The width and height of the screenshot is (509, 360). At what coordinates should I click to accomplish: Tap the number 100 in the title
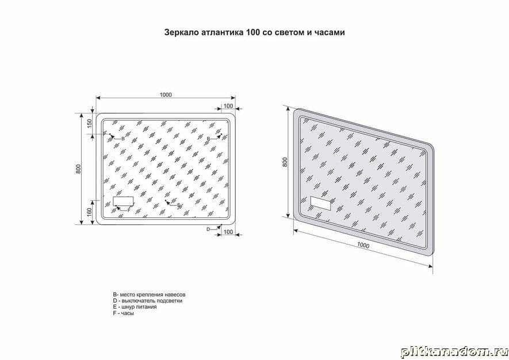click(252, 33)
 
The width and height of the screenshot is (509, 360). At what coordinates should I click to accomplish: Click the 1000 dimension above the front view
click(166, 95)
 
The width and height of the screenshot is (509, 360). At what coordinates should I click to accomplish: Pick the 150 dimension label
click(90, 122)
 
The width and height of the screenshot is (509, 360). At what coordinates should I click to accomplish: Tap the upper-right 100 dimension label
click(228, 106)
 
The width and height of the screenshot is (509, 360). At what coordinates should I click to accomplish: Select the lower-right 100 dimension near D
click(228, 232)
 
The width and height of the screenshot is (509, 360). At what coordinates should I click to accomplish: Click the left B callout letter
click(123, 139)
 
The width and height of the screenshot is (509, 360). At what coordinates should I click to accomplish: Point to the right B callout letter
click(208, 139)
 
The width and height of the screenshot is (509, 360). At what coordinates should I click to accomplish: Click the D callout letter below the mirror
click(208, 229)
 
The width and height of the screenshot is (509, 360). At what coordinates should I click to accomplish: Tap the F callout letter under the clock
click(129, 210)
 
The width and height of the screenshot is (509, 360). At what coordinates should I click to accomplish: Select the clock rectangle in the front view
click(123, 201)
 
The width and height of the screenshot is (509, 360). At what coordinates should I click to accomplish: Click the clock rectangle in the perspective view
click(320, 204)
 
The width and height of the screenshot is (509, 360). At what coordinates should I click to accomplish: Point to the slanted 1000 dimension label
click(363, 246)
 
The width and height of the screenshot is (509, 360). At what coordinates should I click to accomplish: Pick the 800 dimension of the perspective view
click(285, 162)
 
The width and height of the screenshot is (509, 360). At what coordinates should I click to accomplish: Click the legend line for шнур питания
click(135, 307)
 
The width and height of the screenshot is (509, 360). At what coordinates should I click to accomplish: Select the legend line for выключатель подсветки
click(148, 301)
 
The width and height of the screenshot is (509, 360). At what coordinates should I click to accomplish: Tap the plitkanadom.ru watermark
click(454, 351)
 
